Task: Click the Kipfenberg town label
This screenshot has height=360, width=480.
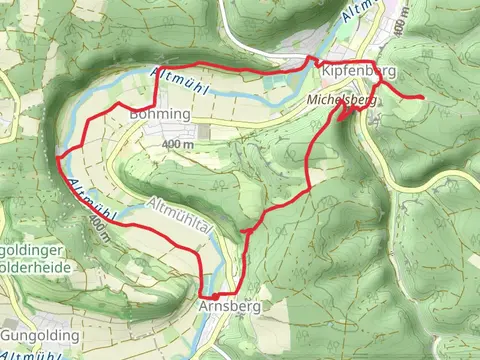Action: click(359, 73)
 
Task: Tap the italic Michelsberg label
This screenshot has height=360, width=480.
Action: click(341, 101)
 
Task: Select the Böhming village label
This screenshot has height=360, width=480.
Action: click(160, 115)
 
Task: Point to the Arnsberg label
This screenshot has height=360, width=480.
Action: click(230, 306)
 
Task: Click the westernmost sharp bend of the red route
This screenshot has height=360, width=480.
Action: click(58, 157)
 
